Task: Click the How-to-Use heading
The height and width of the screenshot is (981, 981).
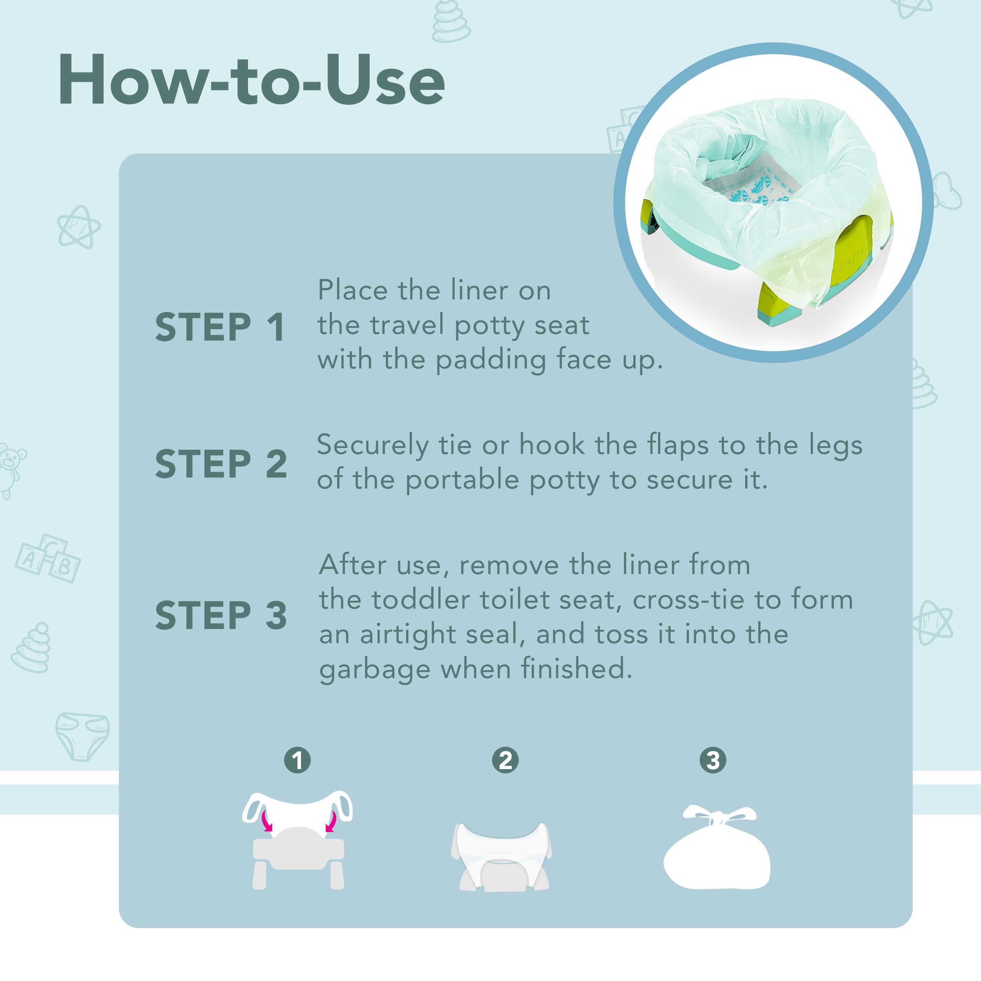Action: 252,80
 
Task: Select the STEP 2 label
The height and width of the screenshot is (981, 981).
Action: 221,464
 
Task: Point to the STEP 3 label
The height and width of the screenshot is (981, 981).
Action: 221,615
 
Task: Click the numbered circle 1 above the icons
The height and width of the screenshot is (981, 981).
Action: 297,760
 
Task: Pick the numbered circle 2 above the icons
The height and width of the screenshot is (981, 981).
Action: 505,760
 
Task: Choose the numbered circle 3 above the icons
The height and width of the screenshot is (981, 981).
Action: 713,760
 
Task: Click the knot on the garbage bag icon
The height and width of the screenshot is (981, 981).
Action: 717,819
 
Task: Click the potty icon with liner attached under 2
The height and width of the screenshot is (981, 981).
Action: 501,856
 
